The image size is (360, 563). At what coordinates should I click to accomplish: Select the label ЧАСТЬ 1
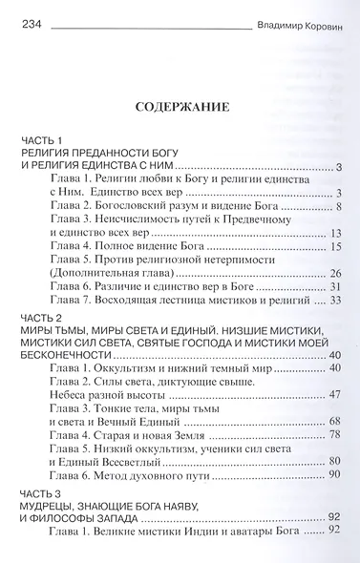[43, 141]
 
